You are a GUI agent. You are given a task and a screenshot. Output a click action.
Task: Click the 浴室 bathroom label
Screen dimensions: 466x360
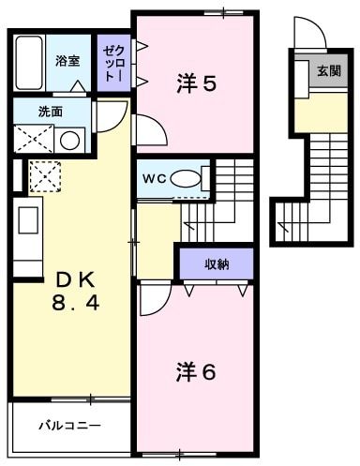tap(67, 61)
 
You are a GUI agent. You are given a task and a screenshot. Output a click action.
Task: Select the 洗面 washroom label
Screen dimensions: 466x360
tap(51, 112)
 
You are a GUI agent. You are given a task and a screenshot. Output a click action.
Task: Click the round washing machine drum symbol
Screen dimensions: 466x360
tap(69, 141)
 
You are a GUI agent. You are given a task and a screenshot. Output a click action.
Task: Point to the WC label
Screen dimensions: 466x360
tap(155, 177)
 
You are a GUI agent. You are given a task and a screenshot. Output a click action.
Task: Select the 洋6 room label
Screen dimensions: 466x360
tap(196, 371)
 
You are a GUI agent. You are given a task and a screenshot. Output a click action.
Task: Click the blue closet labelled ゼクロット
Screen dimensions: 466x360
tap(113, 62)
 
